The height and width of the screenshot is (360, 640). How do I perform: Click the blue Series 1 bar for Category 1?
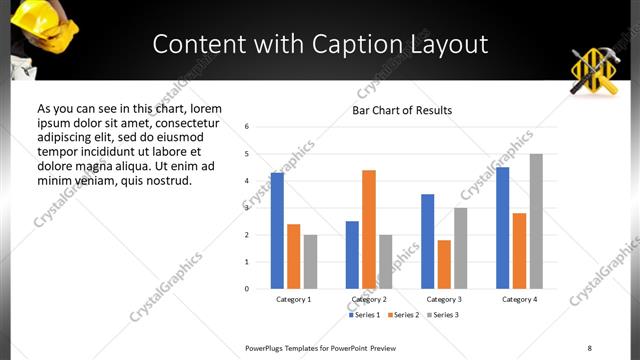277,230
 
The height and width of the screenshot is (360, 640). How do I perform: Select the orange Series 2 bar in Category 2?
369,229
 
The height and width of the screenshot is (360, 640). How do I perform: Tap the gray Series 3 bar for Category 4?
536,221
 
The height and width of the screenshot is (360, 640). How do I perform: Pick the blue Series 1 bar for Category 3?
428,241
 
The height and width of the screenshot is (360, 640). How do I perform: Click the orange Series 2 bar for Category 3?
444,264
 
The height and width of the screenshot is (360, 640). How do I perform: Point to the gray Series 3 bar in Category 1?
310,261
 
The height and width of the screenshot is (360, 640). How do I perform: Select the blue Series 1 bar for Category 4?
503,227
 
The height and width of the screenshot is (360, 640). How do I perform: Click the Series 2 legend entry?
402,315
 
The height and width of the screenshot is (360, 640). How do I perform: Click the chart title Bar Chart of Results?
402,110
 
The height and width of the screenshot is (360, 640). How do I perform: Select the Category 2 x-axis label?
369,299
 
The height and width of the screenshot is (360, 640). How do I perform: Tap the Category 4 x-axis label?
520,299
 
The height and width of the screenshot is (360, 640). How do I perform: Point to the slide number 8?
588,347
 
